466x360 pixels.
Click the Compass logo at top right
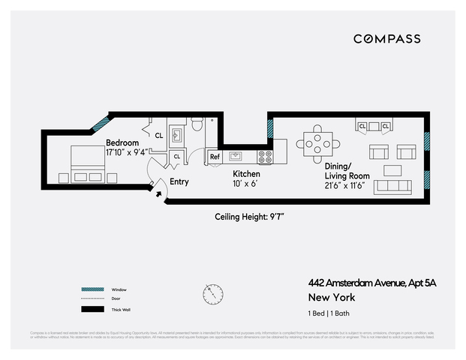(386, 39)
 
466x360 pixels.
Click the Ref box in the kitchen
(214, 157)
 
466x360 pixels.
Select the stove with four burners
(266, 157)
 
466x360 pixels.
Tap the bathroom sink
(179, 134)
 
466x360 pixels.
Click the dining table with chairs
(315, 142)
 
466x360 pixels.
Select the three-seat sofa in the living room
(392, 186)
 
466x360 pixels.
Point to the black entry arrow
(158, 194)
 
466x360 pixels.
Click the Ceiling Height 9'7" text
(250, 216)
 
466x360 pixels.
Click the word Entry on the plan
(179, 181)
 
